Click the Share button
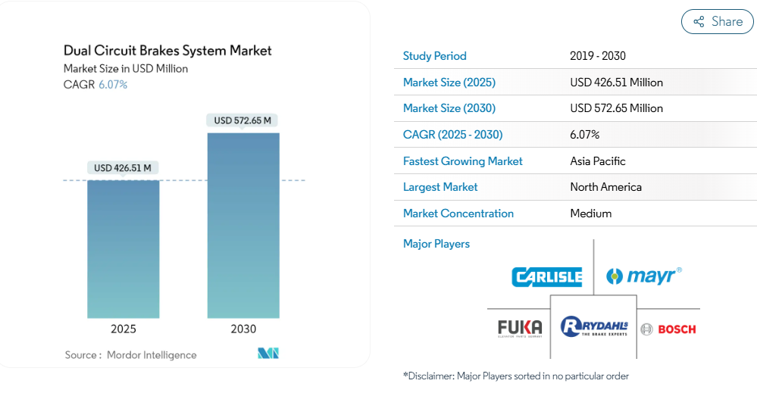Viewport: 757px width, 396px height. (717, 22)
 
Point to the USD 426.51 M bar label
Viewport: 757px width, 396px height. (123, 167)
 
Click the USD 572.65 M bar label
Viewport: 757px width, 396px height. (242, 120)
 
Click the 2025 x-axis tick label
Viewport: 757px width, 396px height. (124, 329)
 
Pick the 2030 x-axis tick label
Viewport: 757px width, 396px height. (243, 329)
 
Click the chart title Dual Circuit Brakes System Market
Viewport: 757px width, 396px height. (167, 51)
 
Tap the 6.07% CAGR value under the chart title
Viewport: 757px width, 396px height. (113, 85)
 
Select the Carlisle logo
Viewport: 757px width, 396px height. (546, 277)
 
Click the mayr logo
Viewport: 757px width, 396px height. (643, 276)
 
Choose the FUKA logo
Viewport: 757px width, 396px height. (520, 329)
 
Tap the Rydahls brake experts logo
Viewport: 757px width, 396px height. (593, 327)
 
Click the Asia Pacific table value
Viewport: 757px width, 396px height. (597, 161)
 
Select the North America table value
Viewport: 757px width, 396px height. (605, 187)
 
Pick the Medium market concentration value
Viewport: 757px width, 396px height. (590, 214)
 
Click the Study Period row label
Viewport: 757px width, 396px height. (434, 56)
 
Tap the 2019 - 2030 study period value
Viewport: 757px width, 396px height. (597, 56)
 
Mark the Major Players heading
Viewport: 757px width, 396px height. (436, 244)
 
